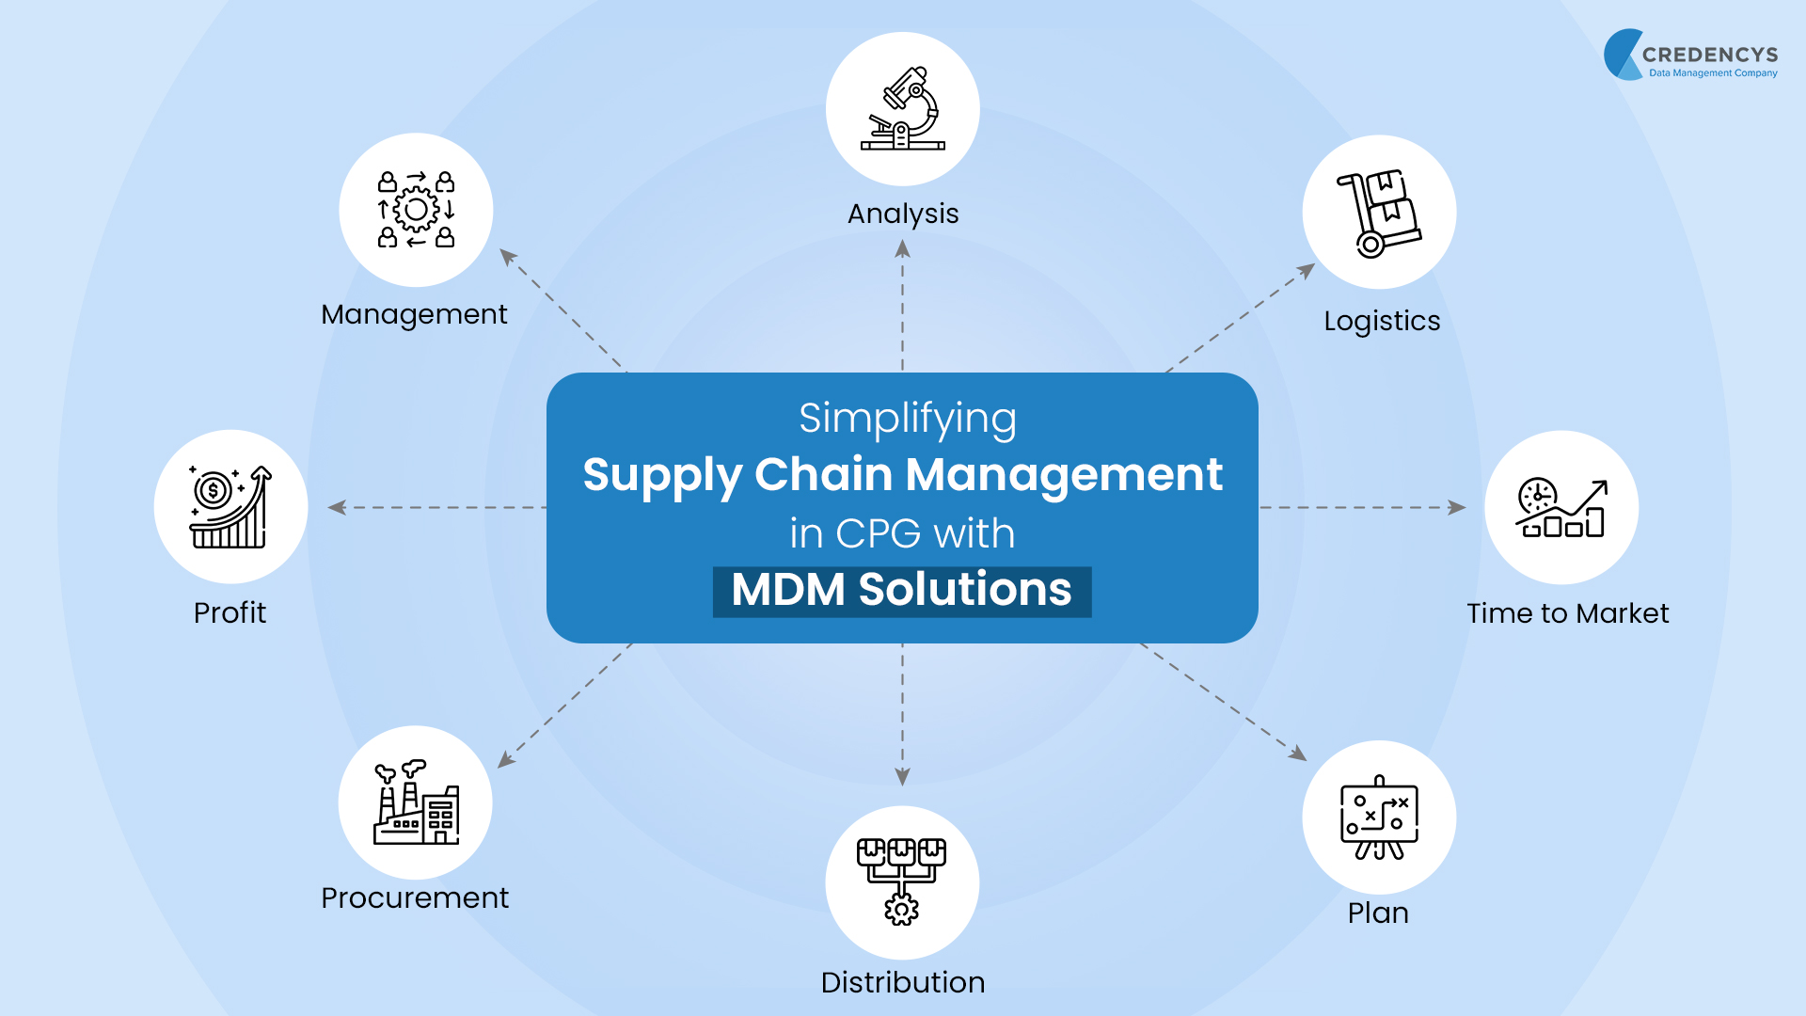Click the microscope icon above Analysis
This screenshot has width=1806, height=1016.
click(x=902, y=109)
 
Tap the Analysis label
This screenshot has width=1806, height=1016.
click(x=902, y=214)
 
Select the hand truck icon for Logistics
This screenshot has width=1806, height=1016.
click(x=1378, y=213)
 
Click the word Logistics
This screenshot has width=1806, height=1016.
click(x=1381, y=322)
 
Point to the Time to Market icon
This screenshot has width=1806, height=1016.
click(x=1560, y=508)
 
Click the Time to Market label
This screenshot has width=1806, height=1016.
click(x=1567, y=613)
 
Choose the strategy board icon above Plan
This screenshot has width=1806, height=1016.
click(x=1378, y=818)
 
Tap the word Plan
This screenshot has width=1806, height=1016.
click(x=1377, y=913)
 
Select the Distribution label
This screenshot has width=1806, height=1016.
click(x=902, y=983)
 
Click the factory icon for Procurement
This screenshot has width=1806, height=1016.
click(x=416, y=802)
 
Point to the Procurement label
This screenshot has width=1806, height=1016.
click(x=414, y=898)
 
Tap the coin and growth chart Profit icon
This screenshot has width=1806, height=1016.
click(x=230, y=507)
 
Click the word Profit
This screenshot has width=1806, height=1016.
click(x=230, y=613)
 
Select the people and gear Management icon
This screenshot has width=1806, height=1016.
click(x=416, y=210)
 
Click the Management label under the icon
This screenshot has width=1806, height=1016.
click(x=414, y=314)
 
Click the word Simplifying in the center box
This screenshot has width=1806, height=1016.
click(x=907, y=420)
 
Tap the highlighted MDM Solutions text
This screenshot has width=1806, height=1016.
click(x=901, y=591)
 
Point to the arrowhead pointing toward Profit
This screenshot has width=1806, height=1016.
click(x=336, y=508)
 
